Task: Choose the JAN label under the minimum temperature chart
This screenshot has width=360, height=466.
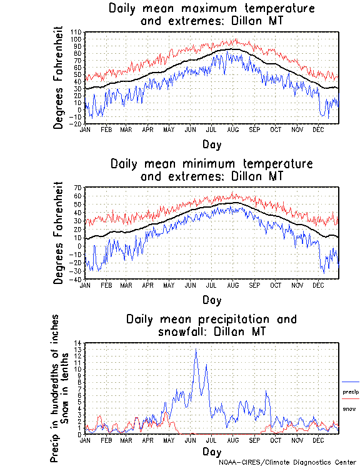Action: [85, 285]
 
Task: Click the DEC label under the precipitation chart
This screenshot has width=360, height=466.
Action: [318, 440]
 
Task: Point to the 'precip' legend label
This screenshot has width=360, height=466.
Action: [351, 392]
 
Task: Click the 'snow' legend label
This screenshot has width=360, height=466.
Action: [349, 408]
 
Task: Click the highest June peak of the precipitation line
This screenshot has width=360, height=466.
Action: [196, 350]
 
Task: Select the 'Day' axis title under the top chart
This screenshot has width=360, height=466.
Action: [212, 145]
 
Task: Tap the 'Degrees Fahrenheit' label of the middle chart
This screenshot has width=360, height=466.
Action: [59, 233]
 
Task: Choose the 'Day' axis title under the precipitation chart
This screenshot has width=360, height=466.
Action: [212, 451]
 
